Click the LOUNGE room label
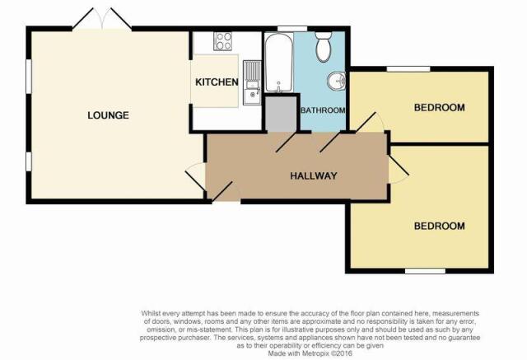(108, 115)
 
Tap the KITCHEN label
(217, 82)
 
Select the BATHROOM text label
(323, 110)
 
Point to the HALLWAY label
(314, 175)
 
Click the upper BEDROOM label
(440, 108)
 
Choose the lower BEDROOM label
(440, 226)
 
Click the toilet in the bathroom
(324, 47)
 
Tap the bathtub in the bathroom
(278, 62)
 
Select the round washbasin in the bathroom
(337, 81)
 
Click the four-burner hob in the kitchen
(222, 41)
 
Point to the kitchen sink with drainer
(252, 82)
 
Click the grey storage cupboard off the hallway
(281, 115)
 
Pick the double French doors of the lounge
(102, 19)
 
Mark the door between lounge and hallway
(196, 176)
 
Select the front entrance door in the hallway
(226, 192)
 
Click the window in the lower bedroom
(425, 271)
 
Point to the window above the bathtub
(287, 29)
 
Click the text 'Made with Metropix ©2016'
(310, 353)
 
